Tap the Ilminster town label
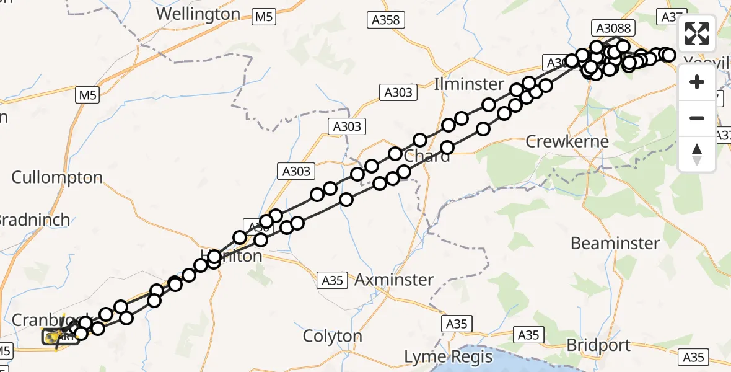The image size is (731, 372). pyautogui.click(x=469, y=84)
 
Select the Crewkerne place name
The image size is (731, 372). pyautogui.click(x=567, y=141)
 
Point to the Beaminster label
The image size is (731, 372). pyautogui.click(x=615, y=243)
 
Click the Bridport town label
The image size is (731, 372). pyautogui.click(x=598, y=345)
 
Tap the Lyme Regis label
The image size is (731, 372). pyautogui.click(x=448, y=357)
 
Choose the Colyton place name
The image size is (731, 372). pyautogui.click(x=332, y=336)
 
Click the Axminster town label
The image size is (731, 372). pyautogui.click(x=394, y=280)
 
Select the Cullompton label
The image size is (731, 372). pyautogui.click(x=57, y=177)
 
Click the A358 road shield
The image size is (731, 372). pyautogui.click(x=385, y=20)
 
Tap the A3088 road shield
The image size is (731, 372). pyautogui.click(x=614, y=27)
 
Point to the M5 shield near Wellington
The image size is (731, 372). pyautogui.click(x=265, y=17)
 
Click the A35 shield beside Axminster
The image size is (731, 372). pyautogui.click(x=333, y=280)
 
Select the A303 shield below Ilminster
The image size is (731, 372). pyautogui.click(x=398, y=93)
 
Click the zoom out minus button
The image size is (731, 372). pyautogui.click(x=697, y=118)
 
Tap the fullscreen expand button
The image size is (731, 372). pyautogui.click(x=697, y=33)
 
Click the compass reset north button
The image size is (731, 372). pyautogui.click(x=697, y=154)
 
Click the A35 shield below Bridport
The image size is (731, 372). pyautogui.click(x=693, y=356)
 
